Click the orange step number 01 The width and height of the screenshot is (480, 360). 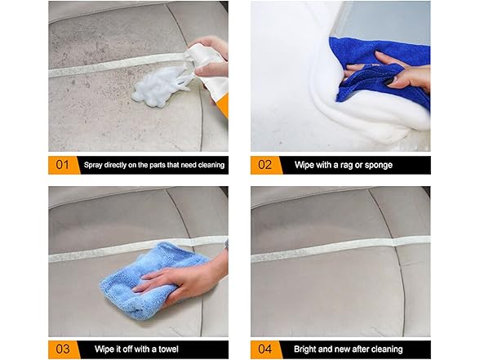point(63,165)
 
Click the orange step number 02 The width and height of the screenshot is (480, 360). point(265,165)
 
